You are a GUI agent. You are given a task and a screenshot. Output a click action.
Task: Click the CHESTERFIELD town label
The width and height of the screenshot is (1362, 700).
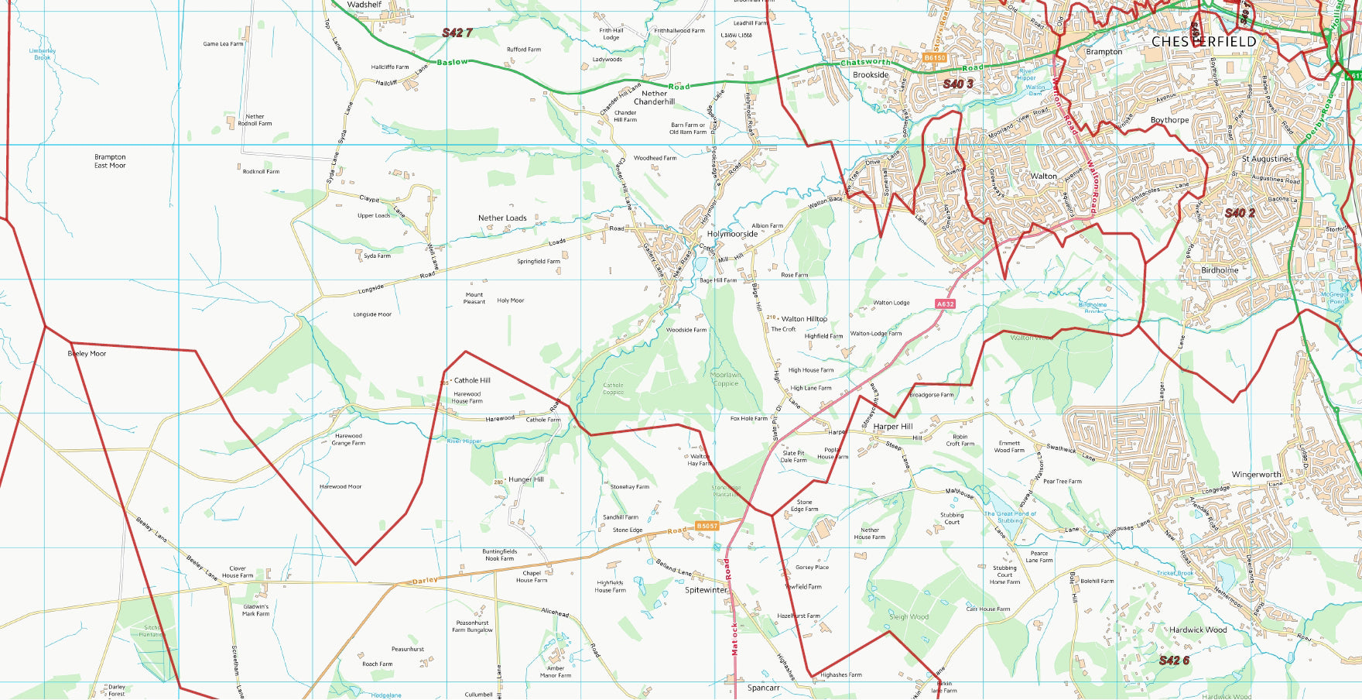(x=1203, y=41)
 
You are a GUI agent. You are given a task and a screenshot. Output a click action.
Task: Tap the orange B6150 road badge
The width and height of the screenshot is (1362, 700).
(x=935, y=58)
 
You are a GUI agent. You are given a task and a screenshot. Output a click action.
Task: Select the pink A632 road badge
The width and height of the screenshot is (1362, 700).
(x=945, y=304)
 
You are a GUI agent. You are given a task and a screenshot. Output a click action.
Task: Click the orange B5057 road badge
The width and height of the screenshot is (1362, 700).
(x=707, y=526)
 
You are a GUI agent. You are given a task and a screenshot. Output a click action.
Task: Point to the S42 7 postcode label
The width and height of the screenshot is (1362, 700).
(x=457, y=33)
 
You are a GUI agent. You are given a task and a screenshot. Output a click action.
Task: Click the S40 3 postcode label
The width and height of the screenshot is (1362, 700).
(x=957, y=84)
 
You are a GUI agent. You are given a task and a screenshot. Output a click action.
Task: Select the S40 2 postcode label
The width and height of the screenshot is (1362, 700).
(x=1240, y=212)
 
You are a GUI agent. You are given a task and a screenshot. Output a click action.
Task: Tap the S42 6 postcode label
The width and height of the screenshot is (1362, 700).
(x=1174, y=660)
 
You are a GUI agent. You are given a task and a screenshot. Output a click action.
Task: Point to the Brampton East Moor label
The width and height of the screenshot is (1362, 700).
(x=110, y=161)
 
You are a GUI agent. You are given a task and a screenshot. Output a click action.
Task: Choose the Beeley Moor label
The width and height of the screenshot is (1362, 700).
(x=87, y=354)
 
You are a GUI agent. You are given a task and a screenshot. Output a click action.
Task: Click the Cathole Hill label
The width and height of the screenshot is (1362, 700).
(x=472, y=380)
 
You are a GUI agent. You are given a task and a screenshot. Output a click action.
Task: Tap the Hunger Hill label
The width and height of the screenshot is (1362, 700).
(x=526, y=479)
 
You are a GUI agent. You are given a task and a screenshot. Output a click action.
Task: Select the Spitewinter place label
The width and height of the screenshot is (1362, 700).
(x=707, y=590)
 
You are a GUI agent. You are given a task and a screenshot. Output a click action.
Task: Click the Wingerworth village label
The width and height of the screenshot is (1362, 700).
(x=1256, y=475)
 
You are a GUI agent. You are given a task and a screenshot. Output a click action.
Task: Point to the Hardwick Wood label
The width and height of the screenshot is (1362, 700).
(x=1198, y=630)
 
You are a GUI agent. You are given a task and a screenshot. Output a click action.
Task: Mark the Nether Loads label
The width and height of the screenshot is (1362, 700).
(x=502, y=218)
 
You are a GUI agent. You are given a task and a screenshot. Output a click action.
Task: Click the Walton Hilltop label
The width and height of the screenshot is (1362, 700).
(x=804, y=319)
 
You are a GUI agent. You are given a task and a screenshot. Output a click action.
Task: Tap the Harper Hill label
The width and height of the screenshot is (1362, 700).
(x=892, y=427)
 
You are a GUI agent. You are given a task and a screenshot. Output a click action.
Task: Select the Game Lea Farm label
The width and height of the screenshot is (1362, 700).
(x=223, y=44)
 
